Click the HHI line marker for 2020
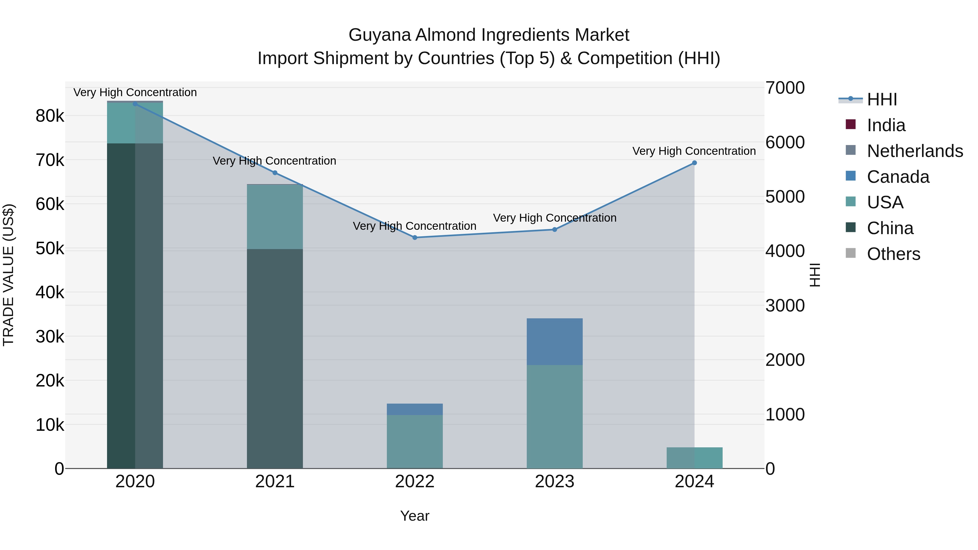click(135, 104)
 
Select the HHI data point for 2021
click(275, 173)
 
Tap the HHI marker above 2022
click(415, 238)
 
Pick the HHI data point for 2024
click(694, 163)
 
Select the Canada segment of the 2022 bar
click(415, 409)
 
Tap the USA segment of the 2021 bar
click(275, 217)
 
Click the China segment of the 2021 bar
click(275, 359)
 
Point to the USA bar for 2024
click(694, 458)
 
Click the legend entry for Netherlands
click(915, 151)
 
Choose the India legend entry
click(886, 125)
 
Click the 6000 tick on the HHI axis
click(785, 142)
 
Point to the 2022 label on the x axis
click(415, 482)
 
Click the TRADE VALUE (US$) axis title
click(8, 275)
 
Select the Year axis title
click(415, 516)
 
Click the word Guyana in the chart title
click(380, 35)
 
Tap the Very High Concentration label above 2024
click(694, 151)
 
